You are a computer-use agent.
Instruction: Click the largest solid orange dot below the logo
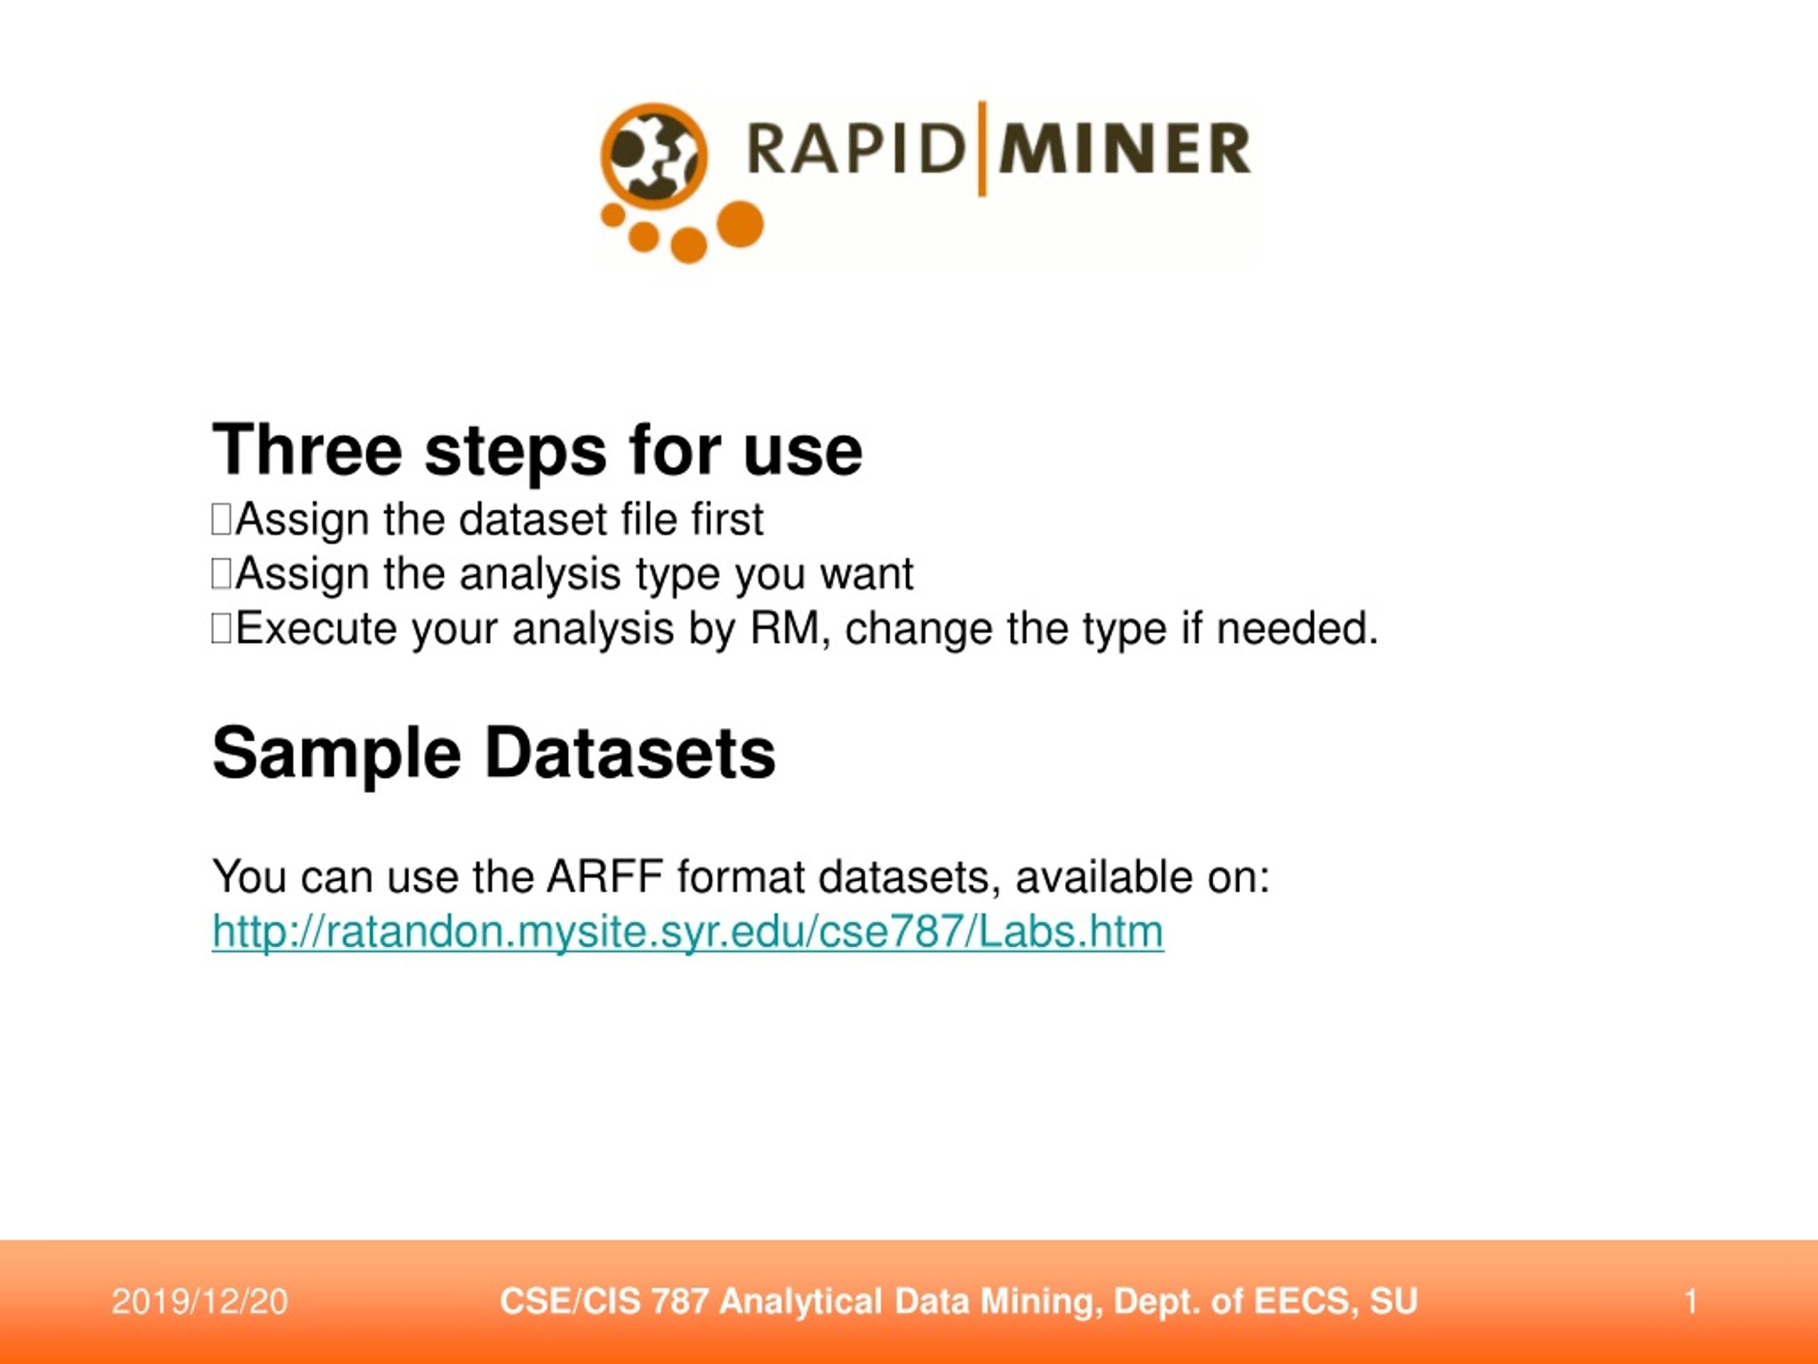(x=741, y=224)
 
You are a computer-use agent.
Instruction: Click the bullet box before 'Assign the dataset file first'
(x=221, y=519)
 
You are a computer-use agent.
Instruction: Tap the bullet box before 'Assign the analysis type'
(x=221, y=574)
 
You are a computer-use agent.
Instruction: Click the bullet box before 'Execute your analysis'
(x=221, y=629)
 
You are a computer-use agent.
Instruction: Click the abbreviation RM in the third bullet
(x=785, y=629)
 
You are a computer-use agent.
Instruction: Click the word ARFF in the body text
(x=604, y=877)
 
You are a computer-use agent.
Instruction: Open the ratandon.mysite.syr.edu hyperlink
(x=688, y=931)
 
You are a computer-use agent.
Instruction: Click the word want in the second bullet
(x=867, y=574)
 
